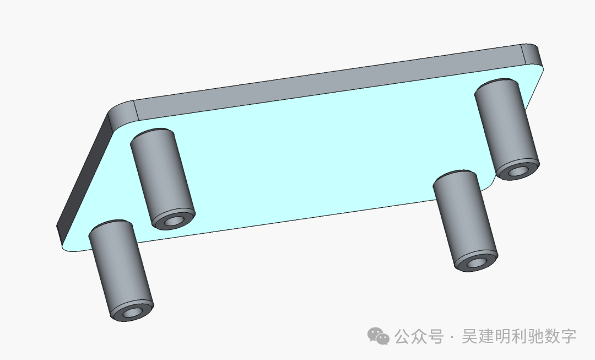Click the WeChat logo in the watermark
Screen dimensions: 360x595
pyautogui.click(x=379, y=336)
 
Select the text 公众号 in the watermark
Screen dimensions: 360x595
pyautogui.click(x=419, y=336)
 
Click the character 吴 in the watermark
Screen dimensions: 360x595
pyautogui.click(x=469, y=336)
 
